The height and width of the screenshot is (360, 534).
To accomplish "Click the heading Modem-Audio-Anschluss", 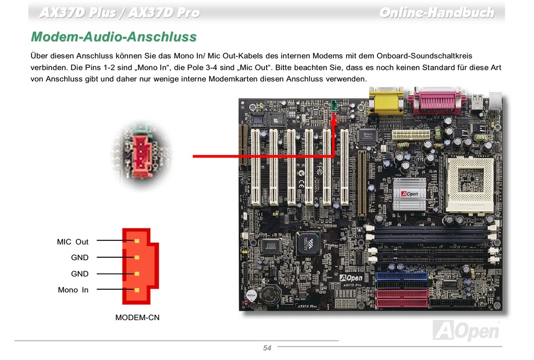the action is tap(114, 37).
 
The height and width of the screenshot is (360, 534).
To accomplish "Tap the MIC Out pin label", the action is tap(73, 241).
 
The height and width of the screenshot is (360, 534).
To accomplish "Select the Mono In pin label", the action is tap(73, 290).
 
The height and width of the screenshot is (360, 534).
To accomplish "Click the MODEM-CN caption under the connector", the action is tap(137, 317).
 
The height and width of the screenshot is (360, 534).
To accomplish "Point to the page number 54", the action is tap(267, 348).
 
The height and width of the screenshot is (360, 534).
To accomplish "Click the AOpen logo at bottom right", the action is tap(466, 330).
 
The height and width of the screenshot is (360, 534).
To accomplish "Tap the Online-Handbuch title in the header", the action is tap(436, 12).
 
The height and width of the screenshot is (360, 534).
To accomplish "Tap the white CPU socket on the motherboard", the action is tap(470, 183).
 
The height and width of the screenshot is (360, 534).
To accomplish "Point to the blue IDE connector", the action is tap(402, 276).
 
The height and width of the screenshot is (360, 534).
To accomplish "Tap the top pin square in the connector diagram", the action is tap(137, 241).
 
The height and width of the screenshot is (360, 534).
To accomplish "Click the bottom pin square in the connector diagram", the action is tap(137, 290).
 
